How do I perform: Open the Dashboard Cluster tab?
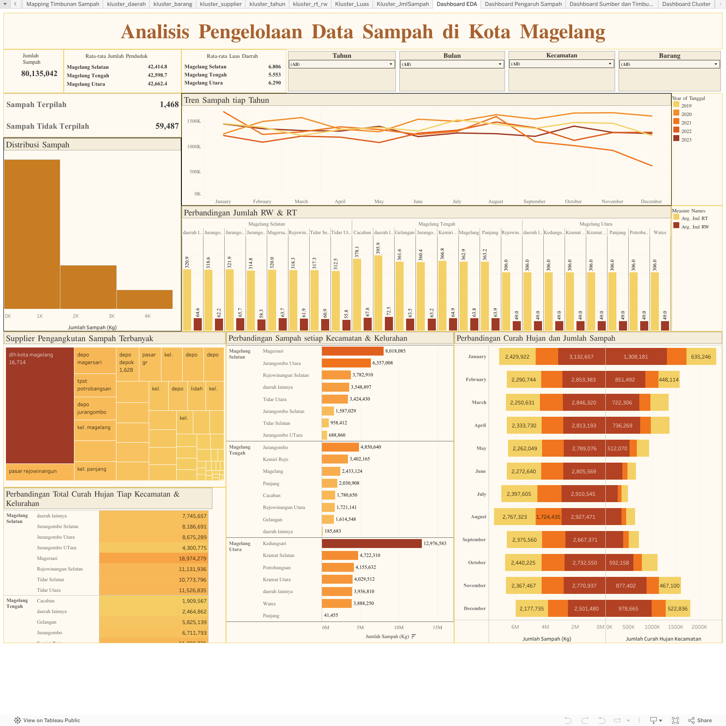pyautogui.click(x=686, y=4)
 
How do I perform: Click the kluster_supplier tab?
pyautogui.click(x=220, y=4)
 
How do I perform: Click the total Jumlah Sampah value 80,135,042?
pyautogui.click(x=39, y=73)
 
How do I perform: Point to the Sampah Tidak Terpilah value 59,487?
pyautogui.click(x=167, y=126)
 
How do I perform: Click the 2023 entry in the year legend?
pyautogui.click(x=686, y=140)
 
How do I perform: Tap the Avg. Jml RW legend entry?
pyautogui.click(x=695, y=227)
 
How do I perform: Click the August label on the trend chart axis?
pyautogui.click(x=495, y=201)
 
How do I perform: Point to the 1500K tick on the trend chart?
pyautogui.click(x=194, y=121)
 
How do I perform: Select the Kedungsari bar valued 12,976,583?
pyautogui.click(x=372, y=543)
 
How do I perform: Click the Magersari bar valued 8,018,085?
pyautogui.click(x=353, y=351)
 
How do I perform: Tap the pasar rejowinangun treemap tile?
pyautogui.click(x=40, y=472)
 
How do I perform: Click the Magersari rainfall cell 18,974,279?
pyautogui.click(x=154, y=559)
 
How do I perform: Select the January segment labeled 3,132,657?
pyautogui.click(x=581, y=357)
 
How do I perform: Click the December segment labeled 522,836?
pyautogui.click(x=677, y=609)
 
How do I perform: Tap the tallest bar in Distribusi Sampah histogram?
pyautogui.click(x=32, y=234)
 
